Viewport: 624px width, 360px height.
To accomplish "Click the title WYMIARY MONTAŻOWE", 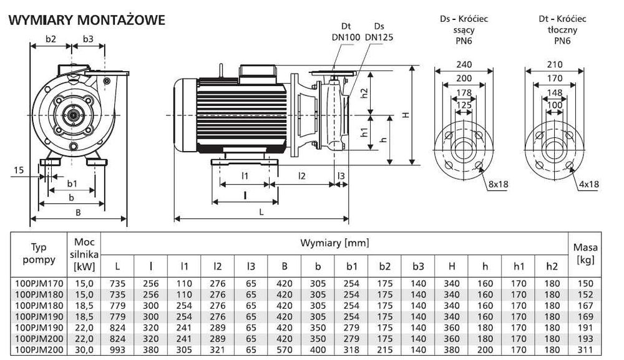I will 86,20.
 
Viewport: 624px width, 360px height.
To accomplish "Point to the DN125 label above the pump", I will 379,37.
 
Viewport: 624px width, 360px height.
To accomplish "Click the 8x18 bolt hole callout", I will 499,184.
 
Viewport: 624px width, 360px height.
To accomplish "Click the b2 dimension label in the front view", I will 51,39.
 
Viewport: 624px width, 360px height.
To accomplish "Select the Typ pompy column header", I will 39,253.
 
